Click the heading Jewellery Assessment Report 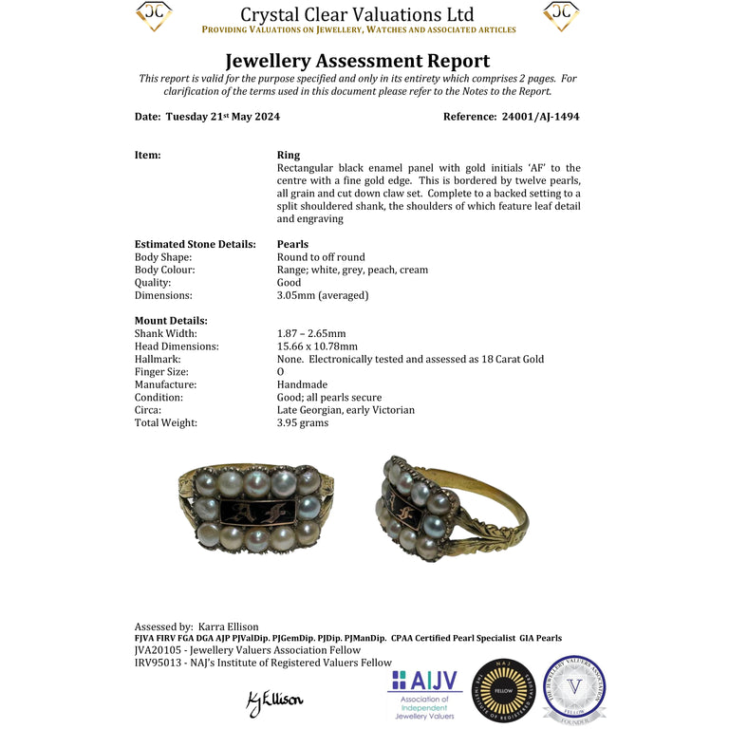[x=357, y=62]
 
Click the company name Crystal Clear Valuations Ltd [x=357, y=14]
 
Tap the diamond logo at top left [x=154, y=15]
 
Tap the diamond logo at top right [x=561, y=15]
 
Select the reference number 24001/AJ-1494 [x=539, y=117]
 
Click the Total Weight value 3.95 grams [x=303, y=423]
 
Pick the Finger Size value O [x=280, y=372]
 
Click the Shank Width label [x=166, y=334]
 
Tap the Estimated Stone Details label [x=196, y=244]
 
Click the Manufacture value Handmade [x=303, y=384]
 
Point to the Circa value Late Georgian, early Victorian [x=346, y=410]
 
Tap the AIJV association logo [x=424, y=694]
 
